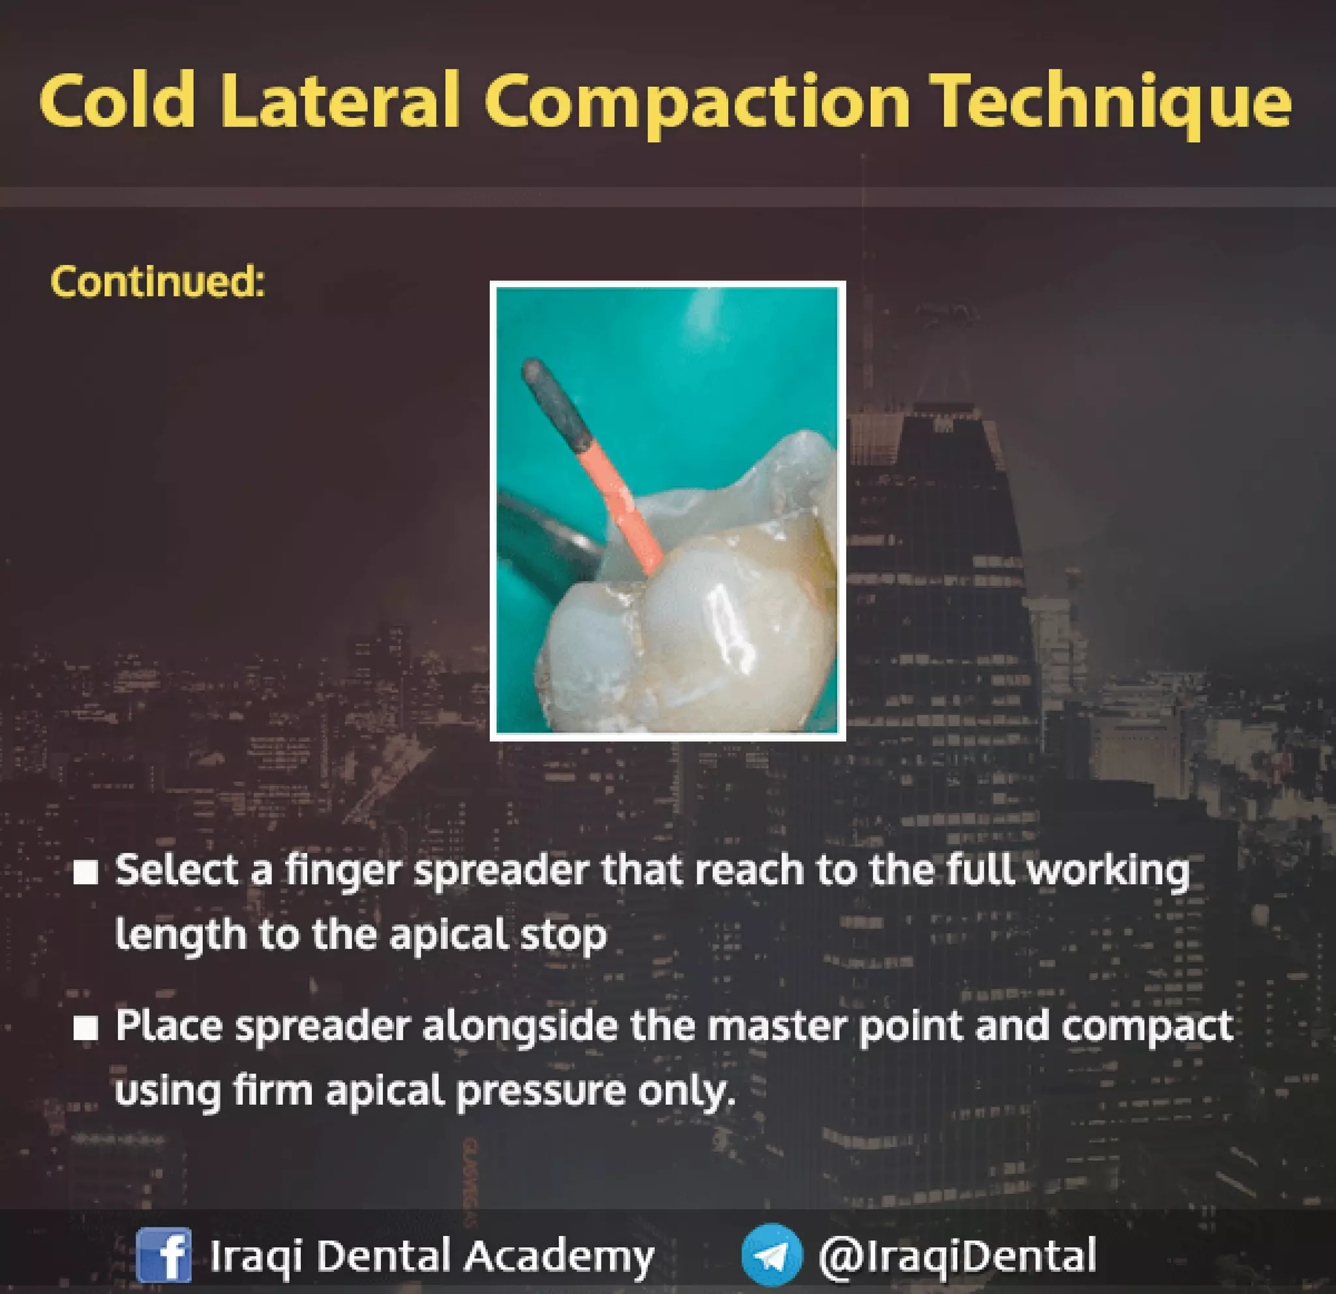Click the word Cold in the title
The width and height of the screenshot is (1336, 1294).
point(117,102)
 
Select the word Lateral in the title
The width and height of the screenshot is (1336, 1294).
point(339,102)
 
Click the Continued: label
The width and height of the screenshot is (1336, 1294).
point(157,281)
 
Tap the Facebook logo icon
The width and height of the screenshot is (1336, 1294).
point(164,1254)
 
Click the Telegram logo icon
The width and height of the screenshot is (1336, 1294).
point(772,1254)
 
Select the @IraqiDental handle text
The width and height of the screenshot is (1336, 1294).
point(957,1255)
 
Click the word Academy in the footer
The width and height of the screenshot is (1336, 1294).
point(560,1255)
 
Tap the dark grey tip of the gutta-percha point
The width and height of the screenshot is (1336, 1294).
point(556,405)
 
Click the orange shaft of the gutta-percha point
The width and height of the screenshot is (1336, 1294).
point(620,504)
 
